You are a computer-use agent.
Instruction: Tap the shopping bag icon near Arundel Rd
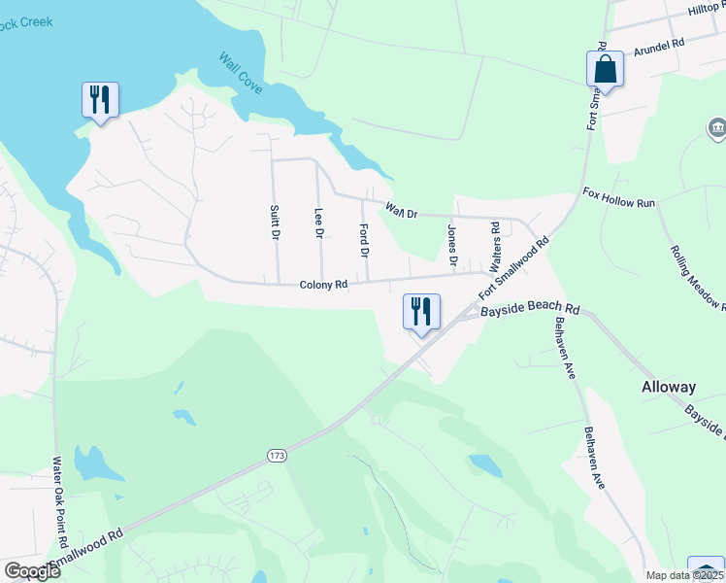click(x=604, y=70)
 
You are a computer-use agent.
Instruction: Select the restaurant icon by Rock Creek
click(x=100, y=100)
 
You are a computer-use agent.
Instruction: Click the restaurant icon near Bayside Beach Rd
click(x=420, y=312)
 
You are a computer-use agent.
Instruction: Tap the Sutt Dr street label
click(x=276, y=223)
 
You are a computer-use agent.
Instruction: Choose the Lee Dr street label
click(x=318, y=223)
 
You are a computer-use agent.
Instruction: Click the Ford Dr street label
click(x=365, y=240)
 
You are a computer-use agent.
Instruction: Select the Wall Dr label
click(x=400, y=209)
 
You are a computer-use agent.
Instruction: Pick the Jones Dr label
click(x=452, y=244)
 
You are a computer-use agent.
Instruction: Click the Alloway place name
click(x=669, y=387)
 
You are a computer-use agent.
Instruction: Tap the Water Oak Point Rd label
click(x=57, y=500)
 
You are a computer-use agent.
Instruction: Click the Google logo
click(x=32, y=570)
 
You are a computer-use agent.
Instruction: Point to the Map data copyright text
click(x=684, y=575)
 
